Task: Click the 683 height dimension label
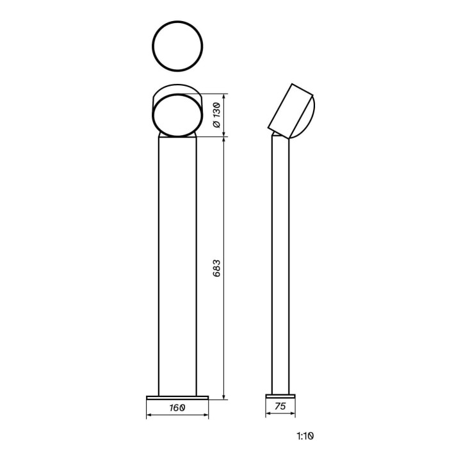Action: (x=216, y=268)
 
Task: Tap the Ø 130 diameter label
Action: (x=216, y=115)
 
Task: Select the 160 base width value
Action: (x=177, y=408)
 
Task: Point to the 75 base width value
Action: (x=280, y=406)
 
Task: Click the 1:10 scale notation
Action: (x=305, y=436)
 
